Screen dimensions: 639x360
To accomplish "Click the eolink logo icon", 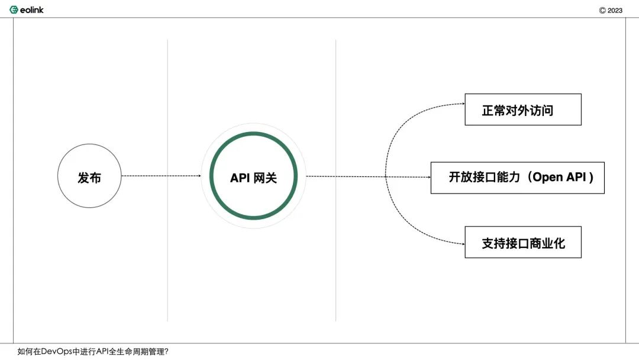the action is (14, 10).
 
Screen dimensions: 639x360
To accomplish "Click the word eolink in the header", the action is (32, 10).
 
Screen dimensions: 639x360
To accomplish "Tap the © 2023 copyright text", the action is (611, 11).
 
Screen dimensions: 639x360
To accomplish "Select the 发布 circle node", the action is (89, 176).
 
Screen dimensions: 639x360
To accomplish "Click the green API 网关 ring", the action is (253, 133).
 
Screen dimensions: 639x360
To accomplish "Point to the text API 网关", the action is (253, 178).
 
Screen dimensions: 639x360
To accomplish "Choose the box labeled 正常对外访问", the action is (523, 110).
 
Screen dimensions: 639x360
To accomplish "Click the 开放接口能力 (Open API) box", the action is (518, 178).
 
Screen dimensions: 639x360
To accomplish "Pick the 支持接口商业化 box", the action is (523, 242).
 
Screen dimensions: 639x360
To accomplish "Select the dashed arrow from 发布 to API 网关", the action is (161, 176).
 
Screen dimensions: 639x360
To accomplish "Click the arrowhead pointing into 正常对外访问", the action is (463, 104).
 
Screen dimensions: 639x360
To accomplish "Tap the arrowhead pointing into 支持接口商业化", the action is (463, 244).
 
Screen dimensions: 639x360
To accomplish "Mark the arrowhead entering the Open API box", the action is (429, 177).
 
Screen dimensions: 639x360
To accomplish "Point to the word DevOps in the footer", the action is (57, 352).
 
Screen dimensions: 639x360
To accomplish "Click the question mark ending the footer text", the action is (166, 352).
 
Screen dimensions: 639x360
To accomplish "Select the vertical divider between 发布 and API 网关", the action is (167, 180).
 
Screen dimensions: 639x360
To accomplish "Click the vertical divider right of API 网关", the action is (336, 180).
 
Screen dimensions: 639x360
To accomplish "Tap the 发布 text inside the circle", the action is (89, 178).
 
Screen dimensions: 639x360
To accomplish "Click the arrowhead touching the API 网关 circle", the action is (199, 176).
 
